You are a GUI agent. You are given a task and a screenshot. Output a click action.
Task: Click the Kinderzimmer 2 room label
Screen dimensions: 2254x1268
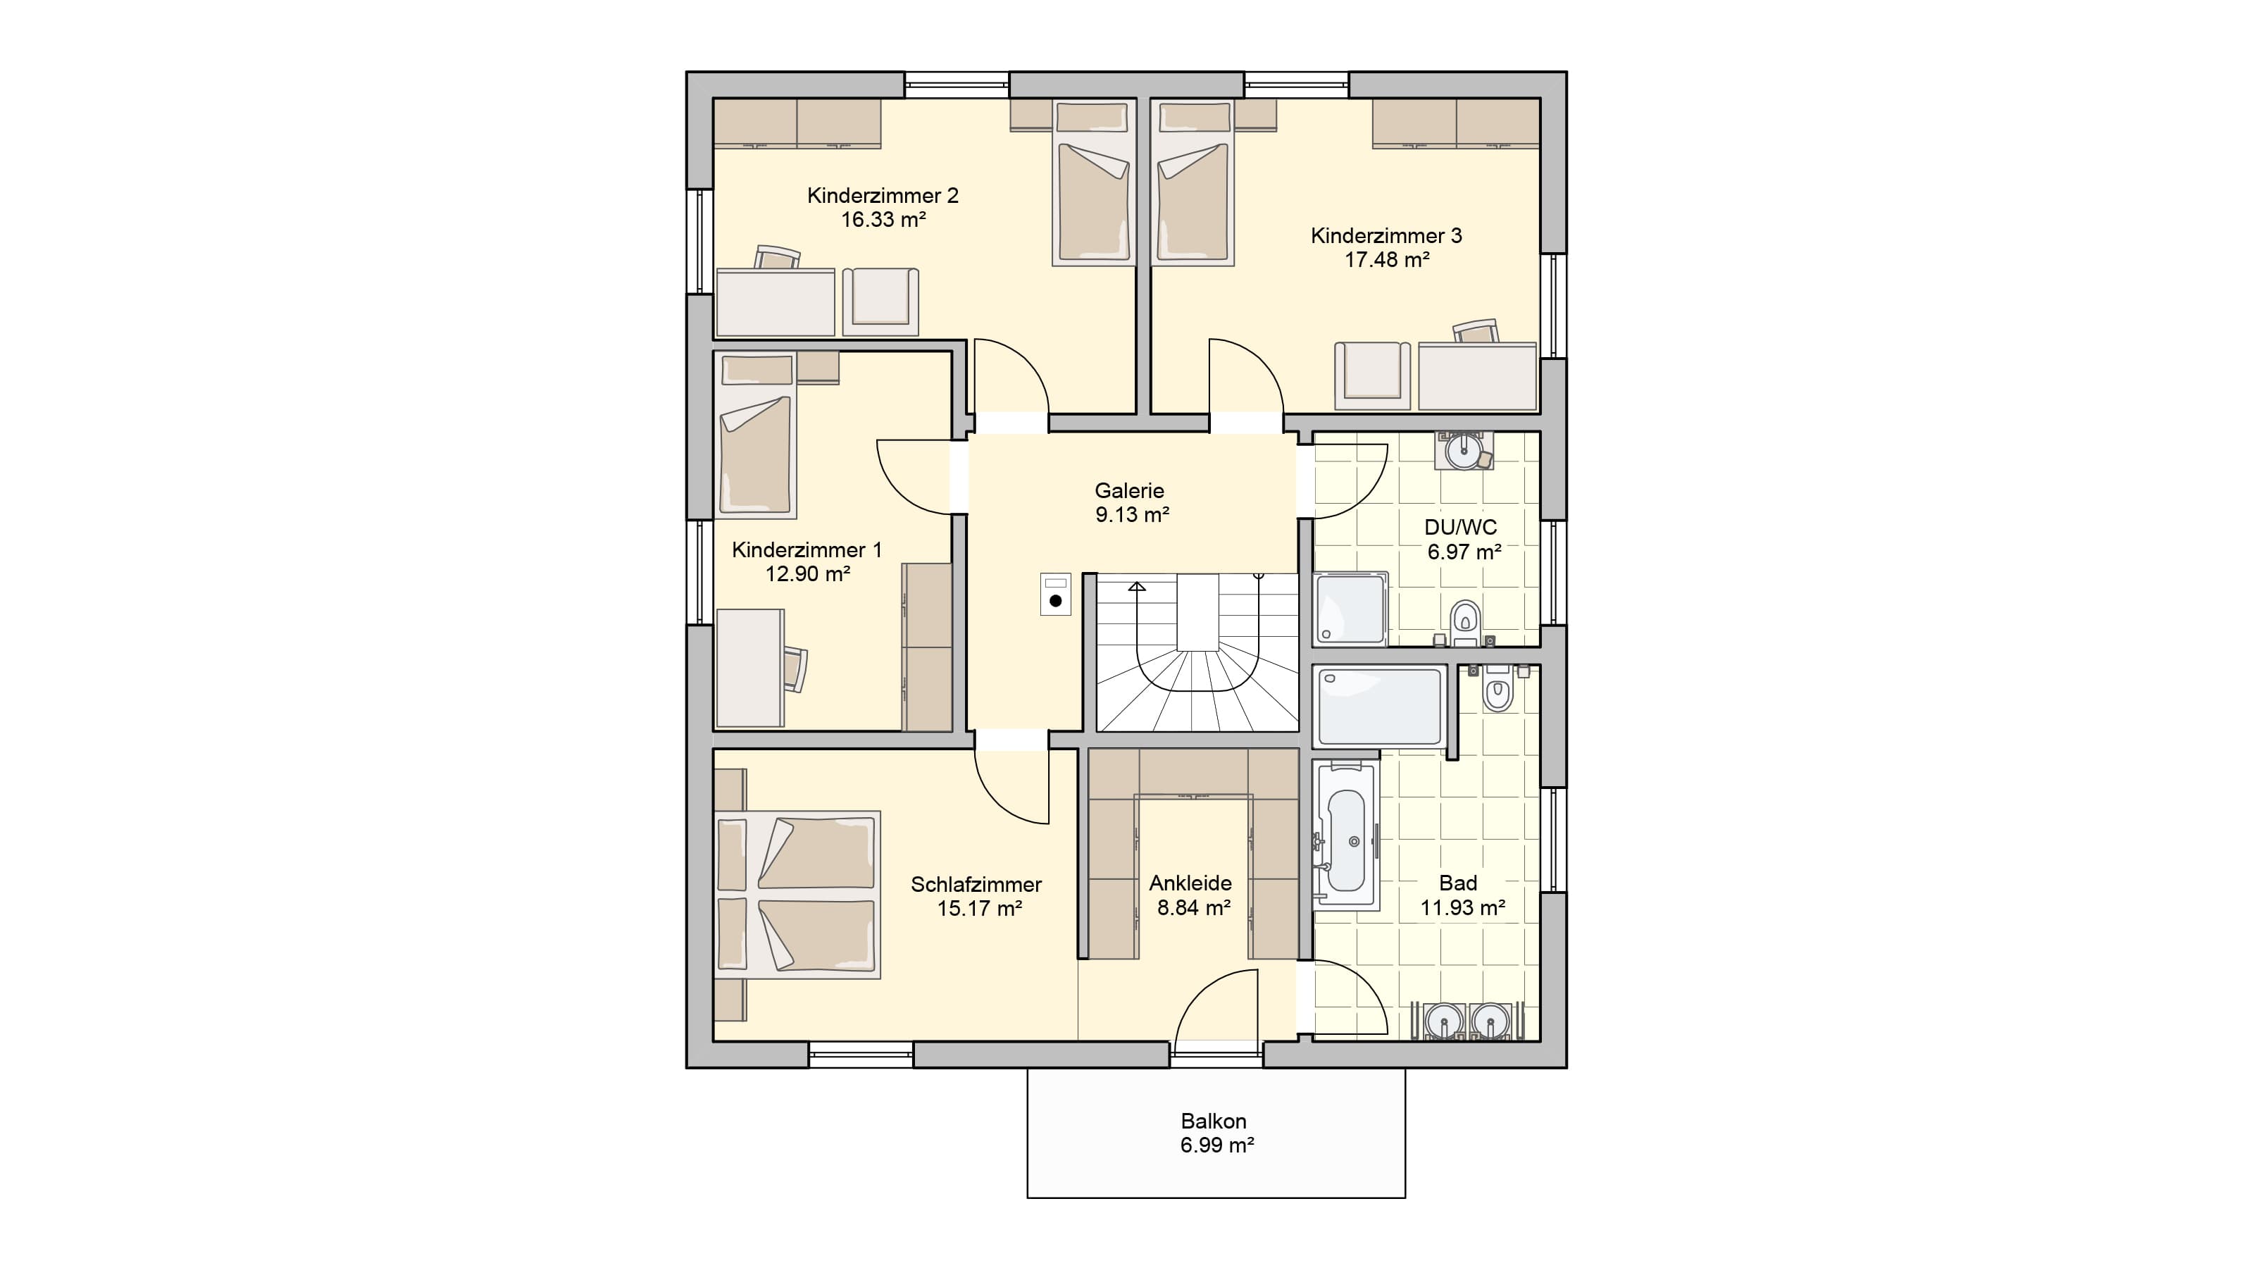pos(882,195)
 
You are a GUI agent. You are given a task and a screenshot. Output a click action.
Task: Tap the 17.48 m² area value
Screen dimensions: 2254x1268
pos(1387,259)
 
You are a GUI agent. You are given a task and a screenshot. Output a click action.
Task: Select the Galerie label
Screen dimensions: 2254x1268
pos(1128,490)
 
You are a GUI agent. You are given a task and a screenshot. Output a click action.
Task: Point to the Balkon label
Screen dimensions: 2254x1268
pos(1213,1121)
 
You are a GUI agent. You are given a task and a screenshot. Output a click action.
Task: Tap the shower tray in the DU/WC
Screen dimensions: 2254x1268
pos(1350,609)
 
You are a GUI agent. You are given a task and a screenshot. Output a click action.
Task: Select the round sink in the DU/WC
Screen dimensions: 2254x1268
pos(1463,452)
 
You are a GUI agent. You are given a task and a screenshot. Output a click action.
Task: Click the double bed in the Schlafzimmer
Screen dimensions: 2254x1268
pos(797,895)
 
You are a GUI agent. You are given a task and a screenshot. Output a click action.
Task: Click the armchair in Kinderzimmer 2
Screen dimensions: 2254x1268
pos(880,301)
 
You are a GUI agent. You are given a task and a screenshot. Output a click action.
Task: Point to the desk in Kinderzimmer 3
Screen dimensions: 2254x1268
pos(1477,376)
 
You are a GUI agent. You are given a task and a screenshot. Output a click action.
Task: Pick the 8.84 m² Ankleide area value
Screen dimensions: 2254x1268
pos(1193,907)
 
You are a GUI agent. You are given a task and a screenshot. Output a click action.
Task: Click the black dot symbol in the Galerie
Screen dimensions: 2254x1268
pos(1055,601)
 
